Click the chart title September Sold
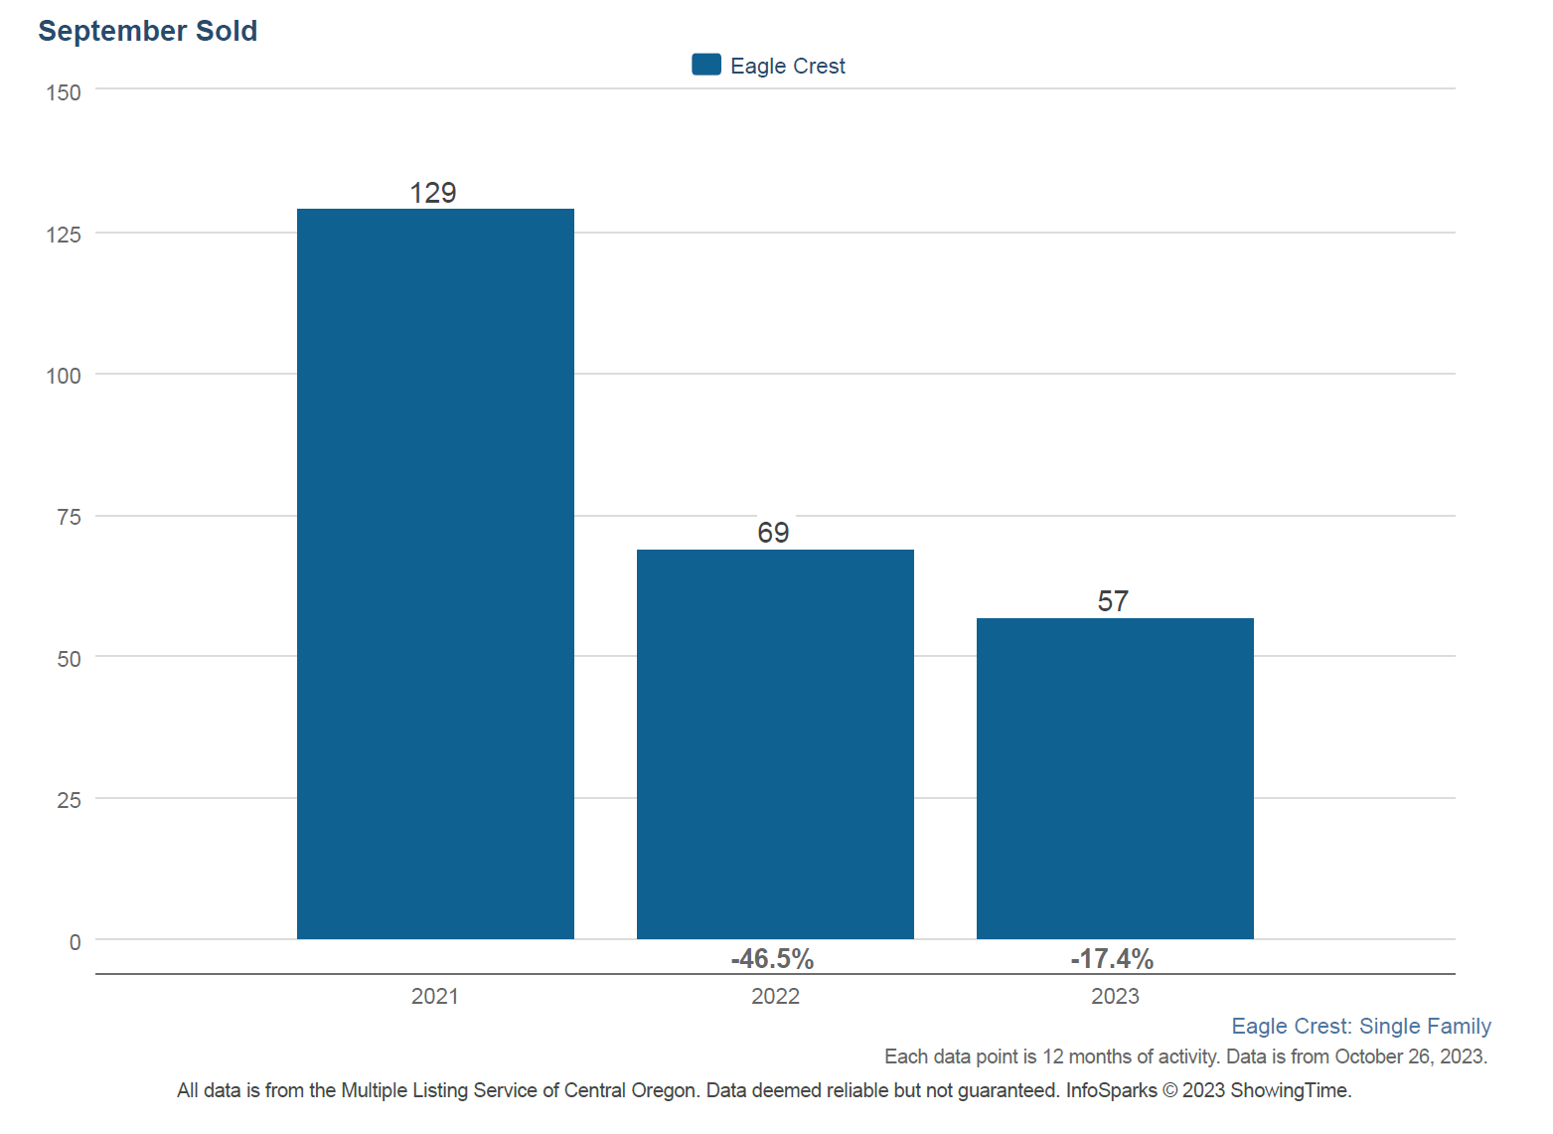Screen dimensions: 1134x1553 click(147, 31)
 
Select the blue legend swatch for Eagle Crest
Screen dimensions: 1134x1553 click(706, 65)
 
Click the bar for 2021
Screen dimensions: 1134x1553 click(435, 573)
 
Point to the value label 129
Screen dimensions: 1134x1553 click(433, 193)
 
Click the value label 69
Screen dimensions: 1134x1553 click(773, 533)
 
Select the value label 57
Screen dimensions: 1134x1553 click(1113, 601)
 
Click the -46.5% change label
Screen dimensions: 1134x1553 click(772, 959)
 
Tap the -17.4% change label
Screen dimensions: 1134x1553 click(1112, 959)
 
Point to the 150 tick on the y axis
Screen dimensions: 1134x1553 click(64, 92)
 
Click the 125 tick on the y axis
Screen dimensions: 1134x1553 click(64, 235)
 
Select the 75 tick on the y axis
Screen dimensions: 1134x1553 click(69, 517)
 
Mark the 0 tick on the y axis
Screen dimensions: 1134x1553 click(75, 942)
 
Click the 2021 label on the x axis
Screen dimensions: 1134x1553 click(435, 996)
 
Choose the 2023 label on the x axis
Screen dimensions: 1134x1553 click(1115, 996)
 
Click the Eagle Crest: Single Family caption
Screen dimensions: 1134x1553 click(1360, 1026)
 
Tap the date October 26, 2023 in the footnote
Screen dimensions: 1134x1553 click(1410, 1056)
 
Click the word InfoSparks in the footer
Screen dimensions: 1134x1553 click(1111, 1090)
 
